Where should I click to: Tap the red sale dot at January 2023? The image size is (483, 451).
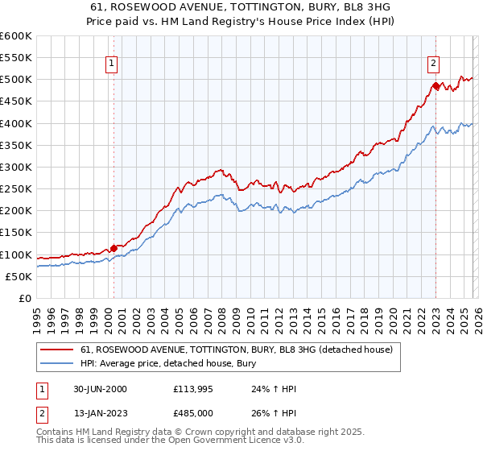436,85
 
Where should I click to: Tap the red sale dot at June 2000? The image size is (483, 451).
114,248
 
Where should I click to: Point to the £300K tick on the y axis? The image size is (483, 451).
17,167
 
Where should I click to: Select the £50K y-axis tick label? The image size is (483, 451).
20,276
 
